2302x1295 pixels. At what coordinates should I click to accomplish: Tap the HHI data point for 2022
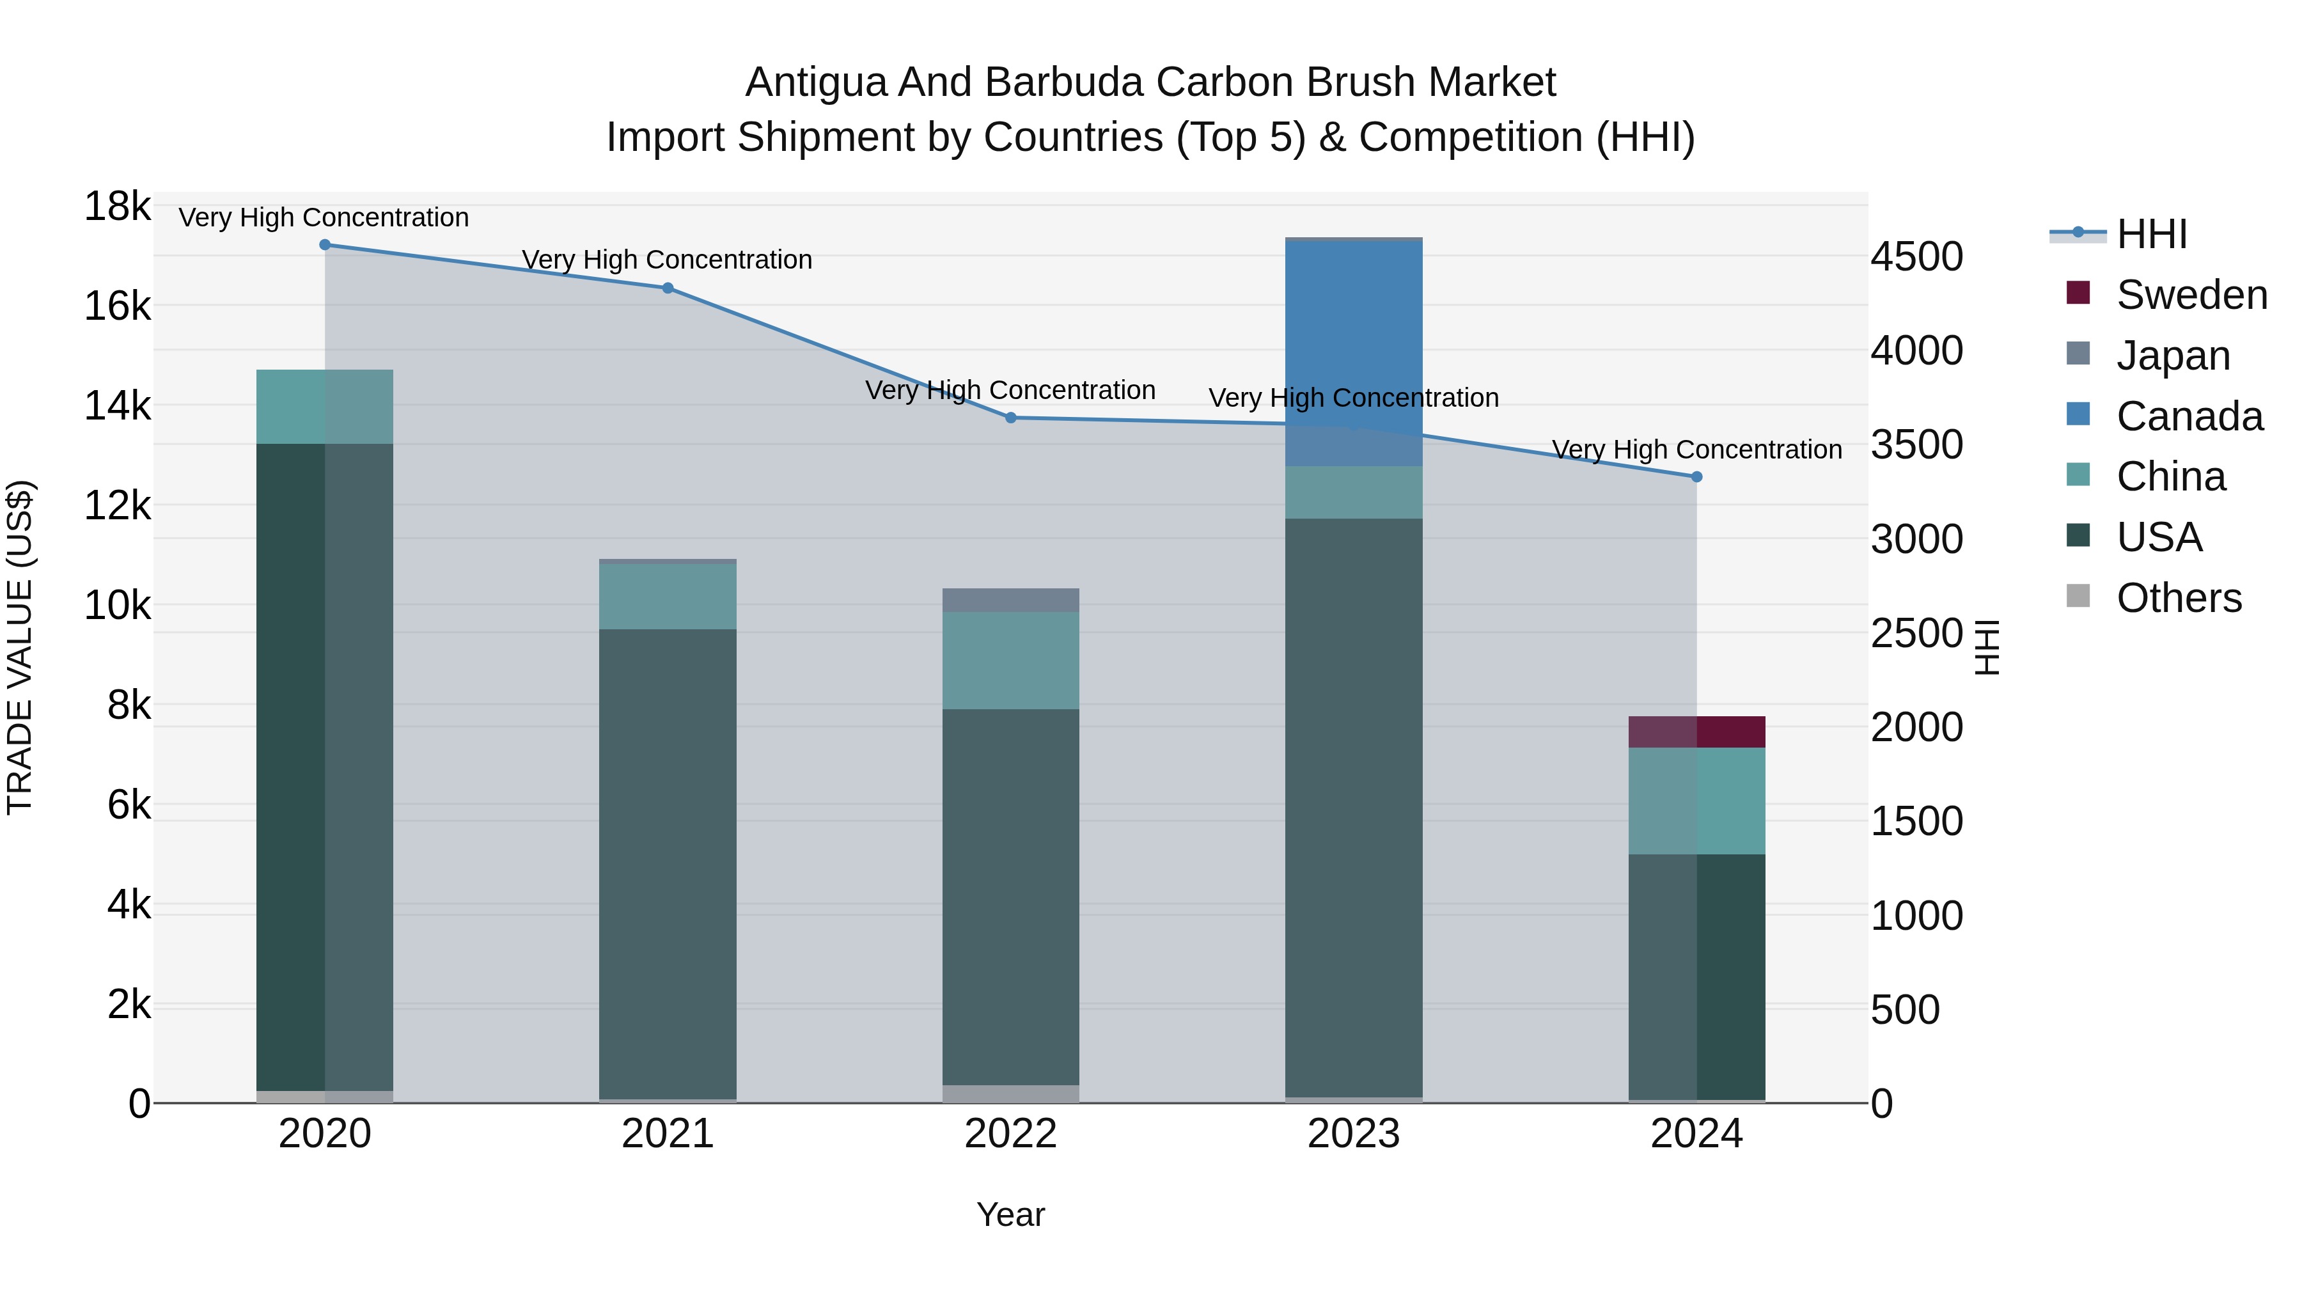[1011, 418]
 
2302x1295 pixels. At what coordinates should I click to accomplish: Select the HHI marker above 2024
[1697, 477]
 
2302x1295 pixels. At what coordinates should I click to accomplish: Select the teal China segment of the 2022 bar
[1011, 661]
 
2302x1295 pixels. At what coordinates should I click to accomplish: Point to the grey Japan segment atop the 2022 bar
[1011, 600]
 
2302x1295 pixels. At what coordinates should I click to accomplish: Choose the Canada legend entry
[2189, 416]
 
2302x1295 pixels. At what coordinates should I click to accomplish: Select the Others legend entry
[2178, 598]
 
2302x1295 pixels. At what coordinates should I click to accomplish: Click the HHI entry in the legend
[2151, 234]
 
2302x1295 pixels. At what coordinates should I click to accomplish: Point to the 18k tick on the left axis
[117, 207]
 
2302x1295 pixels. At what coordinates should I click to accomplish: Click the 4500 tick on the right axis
[1917, 256]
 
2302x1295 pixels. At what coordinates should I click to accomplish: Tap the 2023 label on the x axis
[1353, 1134]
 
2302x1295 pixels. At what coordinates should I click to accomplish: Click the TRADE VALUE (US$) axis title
[20, 647]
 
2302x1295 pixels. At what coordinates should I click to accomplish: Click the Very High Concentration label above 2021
[667, 260]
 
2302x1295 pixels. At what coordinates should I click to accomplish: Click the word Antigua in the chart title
[816, 82]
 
